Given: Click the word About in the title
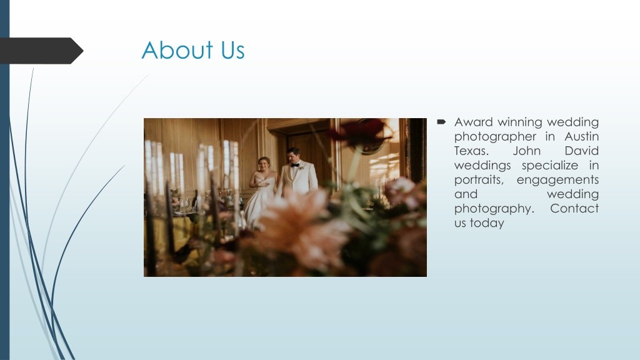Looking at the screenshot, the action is (177, 50).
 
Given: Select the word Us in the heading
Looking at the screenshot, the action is (232, 51).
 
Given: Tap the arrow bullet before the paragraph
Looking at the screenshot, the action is (441, 122).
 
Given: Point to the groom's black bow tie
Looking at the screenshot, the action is (295, 165).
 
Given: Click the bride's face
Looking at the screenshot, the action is (264, 165).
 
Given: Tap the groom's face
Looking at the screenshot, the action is (293, 157).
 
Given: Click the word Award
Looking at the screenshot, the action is (474, 122).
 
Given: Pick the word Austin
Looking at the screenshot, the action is (582, 136).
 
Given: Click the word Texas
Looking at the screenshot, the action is (471, 151).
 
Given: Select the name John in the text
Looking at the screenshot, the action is (526, 151).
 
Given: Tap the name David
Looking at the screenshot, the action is (582, 151).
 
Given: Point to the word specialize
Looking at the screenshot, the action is (550, 165).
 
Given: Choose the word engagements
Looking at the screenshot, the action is (557, 180).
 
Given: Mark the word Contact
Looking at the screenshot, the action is (574, 209).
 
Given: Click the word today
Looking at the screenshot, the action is (487, 223).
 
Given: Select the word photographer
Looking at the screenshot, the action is (495, 136).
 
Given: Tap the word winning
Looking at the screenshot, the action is (519, 122).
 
